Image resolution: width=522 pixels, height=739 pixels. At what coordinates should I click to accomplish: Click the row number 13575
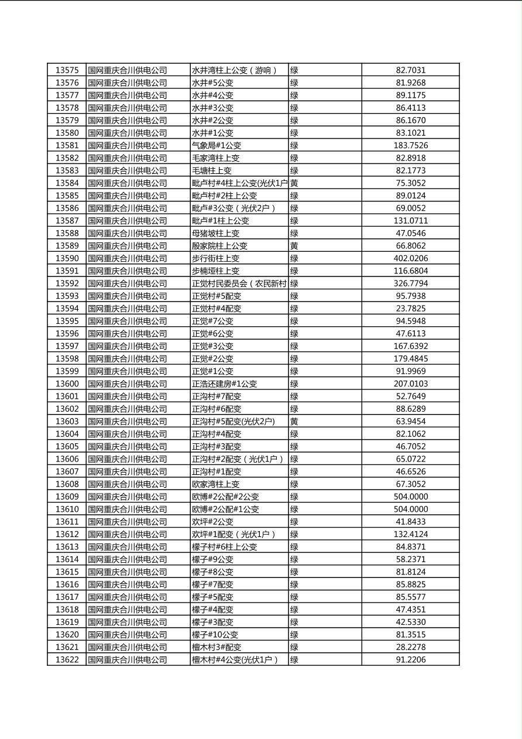click(67, 70)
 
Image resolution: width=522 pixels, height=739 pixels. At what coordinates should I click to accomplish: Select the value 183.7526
click(410, 145)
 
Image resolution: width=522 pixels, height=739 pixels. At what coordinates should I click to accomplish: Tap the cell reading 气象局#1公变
click(217, 145)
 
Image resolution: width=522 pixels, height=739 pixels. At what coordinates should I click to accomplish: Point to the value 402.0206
click(410, 258)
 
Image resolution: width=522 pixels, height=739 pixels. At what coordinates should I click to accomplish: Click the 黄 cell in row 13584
click(294, 183)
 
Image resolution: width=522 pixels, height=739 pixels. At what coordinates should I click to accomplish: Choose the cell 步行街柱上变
click(215, 258)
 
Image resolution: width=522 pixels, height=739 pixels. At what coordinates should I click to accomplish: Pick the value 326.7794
click(410, 283)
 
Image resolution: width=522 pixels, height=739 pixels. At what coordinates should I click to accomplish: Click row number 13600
click(67, 384)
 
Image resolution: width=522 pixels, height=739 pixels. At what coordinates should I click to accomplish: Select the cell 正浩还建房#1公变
click(224, 384)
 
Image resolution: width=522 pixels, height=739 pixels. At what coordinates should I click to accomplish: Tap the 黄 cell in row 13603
click(294, 421)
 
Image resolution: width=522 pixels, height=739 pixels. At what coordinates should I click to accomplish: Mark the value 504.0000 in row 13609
click(410, 497)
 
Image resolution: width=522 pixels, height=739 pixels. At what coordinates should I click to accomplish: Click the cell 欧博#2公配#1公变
click(225, 509)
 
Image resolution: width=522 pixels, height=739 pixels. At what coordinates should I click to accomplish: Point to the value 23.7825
click(410, 309)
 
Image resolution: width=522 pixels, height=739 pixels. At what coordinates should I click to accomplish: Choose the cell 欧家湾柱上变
click(215, 484)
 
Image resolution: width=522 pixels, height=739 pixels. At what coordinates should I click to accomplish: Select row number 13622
click(67, 660)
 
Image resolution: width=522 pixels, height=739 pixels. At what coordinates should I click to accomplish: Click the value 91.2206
click(410, 660)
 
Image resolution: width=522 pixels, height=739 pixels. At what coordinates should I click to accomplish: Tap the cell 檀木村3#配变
click(217, 647)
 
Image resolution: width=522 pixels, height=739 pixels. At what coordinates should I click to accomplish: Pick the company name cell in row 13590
click(128, 258)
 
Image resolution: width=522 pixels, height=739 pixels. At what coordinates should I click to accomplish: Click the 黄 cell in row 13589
click(294, 246)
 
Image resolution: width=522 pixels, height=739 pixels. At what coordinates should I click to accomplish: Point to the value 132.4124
click(410, 534)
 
